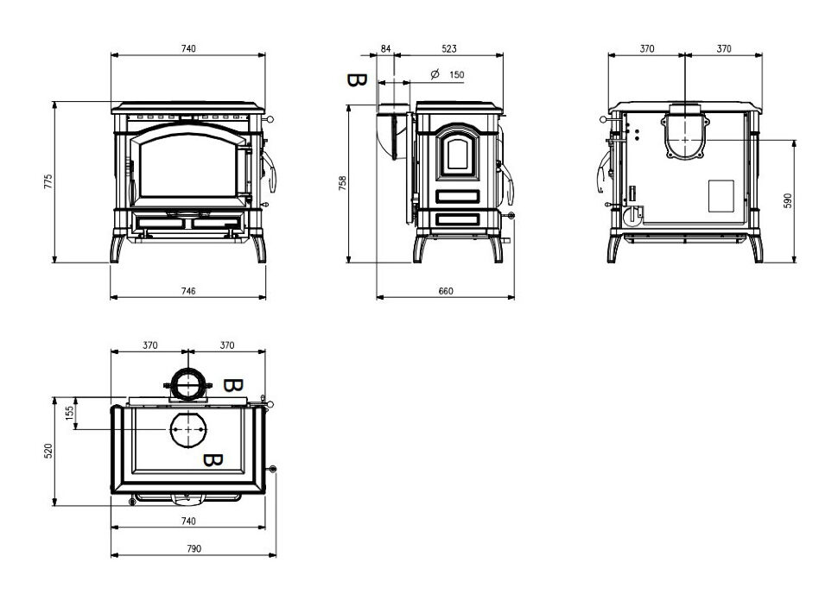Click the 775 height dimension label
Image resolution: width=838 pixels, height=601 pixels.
coord(48,181)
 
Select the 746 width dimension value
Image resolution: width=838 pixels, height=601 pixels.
coord(188,291)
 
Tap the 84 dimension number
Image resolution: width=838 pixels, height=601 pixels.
coord(385,48)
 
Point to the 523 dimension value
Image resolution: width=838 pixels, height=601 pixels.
coord(449,48)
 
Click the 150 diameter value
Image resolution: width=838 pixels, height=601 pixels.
coord(457,75)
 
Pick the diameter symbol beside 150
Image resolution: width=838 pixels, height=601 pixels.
coord(435,74)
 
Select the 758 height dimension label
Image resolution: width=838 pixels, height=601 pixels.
coord(343,183)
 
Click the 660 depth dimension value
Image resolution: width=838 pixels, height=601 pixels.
coord(446,291)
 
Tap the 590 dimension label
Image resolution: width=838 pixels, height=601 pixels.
coord(787,201)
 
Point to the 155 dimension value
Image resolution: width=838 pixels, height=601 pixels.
coord(69,413)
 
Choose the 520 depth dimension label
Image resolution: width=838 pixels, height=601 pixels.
coord(48,451)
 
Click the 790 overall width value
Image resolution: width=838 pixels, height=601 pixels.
coord(194,548)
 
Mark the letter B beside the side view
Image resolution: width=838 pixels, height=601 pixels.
coord(357,80)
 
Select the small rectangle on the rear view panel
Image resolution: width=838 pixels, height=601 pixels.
coord(721,196)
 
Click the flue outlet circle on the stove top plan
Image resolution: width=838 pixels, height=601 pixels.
coord(188,429)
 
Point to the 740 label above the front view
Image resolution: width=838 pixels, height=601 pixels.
coord(188,48)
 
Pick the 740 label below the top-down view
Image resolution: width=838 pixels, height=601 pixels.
coord(188,521)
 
